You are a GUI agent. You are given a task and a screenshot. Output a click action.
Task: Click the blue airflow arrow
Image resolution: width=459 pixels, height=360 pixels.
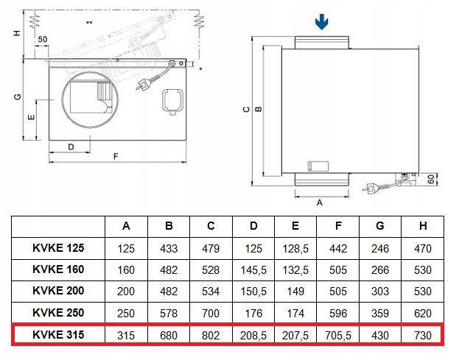point(322,22)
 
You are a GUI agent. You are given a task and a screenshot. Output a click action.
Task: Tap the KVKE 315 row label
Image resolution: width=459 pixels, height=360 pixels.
point(58,334)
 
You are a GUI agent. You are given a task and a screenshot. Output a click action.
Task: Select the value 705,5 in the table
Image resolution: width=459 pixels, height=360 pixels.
point(338,335)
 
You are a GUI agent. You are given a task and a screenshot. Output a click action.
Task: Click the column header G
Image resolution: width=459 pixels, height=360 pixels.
point(380,226)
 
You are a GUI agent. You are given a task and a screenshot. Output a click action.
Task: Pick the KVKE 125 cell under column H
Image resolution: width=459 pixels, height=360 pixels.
point(423,249)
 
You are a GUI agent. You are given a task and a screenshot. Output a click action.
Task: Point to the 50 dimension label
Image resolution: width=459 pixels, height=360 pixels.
point(43,39)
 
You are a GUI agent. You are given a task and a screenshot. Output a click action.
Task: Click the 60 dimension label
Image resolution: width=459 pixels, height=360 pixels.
point(431,179)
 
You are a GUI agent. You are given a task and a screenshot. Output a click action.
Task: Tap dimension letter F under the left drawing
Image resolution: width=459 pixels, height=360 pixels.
point(116,157)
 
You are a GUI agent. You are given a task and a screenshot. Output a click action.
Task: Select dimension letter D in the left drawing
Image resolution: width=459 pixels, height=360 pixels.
point(71,147)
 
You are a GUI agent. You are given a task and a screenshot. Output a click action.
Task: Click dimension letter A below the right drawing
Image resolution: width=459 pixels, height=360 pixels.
point(320,202)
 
